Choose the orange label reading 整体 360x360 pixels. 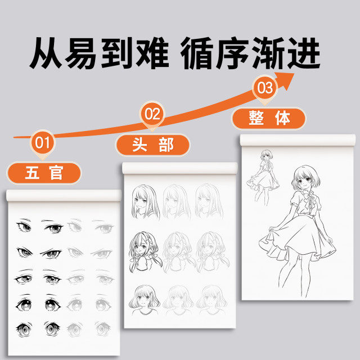click(x=269, y=118)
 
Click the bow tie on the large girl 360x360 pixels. click(x=307, y=201)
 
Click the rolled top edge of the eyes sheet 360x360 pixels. click(x=63, y=195)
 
